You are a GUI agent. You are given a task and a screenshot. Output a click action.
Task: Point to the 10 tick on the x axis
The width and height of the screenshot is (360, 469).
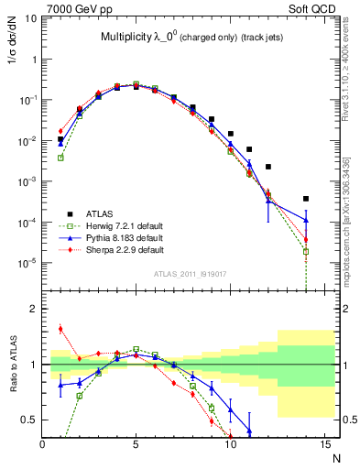pyautogui.click(x=230, y=444)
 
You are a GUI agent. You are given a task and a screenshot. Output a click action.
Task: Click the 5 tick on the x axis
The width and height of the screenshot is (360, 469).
pyautogui.click(x=136, y=444)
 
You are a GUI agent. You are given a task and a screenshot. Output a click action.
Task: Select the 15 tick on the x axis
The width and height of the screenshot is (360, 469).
pyautogui.click(x=323, y=444)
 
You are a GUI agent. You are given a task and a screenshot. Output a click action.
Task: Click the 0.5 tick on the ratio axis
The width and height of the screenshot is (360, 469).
pyautogui.click(x=31, y=420)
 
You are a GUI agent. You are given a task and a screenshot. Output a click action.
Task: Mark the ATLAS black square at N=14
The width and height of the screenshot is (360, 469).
pyautogui.click(x=306, y=199)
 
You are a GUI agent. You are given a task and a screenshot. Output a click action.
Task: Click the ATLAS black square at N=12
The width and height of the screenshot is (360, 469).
pyautogui.click(x=268, y=167)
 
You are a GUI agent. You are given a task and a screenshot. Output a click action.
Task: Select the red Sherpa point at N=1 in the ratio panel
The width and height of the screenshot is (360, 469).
pyautogui.click(x=60, y=329)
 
